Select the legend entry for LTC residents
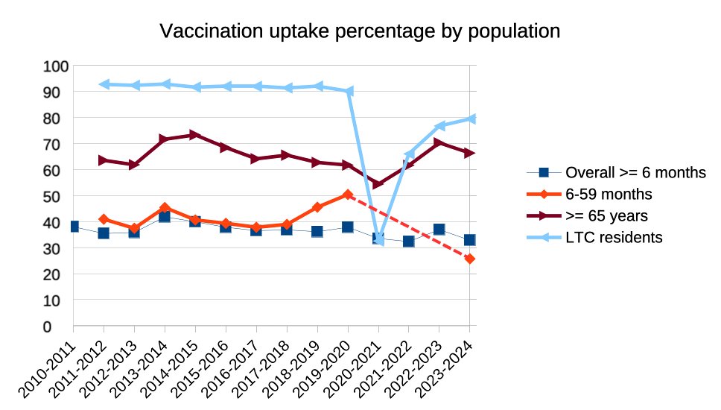pyautogui.click(x=614, y=237)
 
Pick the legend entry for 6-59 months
pyautogui.click(x=609, y=194)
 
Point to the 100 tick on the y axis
pyautogui.click(x=57, y=66)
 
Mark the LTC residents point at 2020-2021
pyautogui.click(x=378, y=239)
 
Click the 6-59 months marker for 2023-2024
pyautogui.click(x=470, y=259)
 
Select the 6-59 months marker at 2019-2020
pyautogui.click(x=348, y=195)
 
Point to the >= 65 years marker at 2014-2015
pyautogui.click(x=195, y=135)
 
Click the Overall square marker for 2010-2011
pyautogui.click(x=74, y=227)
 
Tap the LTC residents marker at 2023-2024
pyautogui.click(x=470, y=119)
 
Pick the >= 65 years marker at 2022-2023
pyautogui.click(x=439, y=143)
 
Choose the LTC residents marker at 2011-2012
pyautogui.click(x=104, y=84)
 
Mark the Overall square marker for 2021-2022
pyautogui.click(x=409, y=242)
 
